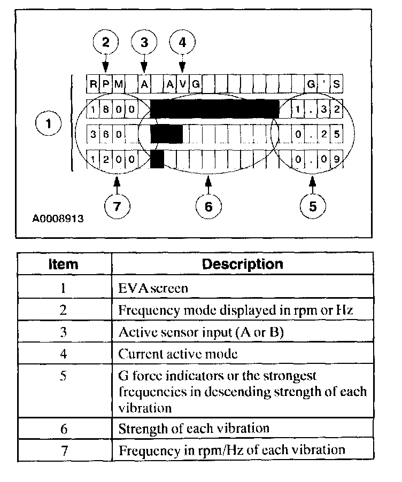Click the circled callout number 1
pyautogui.click(x=49, y=124)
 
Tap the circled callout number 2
pyautogui.click(x=105, y=42)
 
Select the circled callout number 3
pyautogui.click(x=144, y=42)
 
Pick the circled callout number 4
pyautogui.click(x=183, y=42)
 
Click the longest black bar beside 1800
pyautogui.click(x=214, y=108)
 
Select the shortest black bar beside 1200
pyautogui.click(x=157, y=159)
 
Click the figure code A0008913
pyautogui.click(x=57, y=219)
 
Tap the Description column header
pyautogui.click(x=242, y=264)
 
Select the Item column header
pyautogui.click(x=63, y=264)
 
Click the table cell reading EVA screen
pyautogui.click(x=153, y=289)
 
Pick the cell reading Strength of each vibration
pyautogui.click(x=194, y=428)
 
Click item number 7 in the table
pyautogui.click(x=63, y=449)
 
